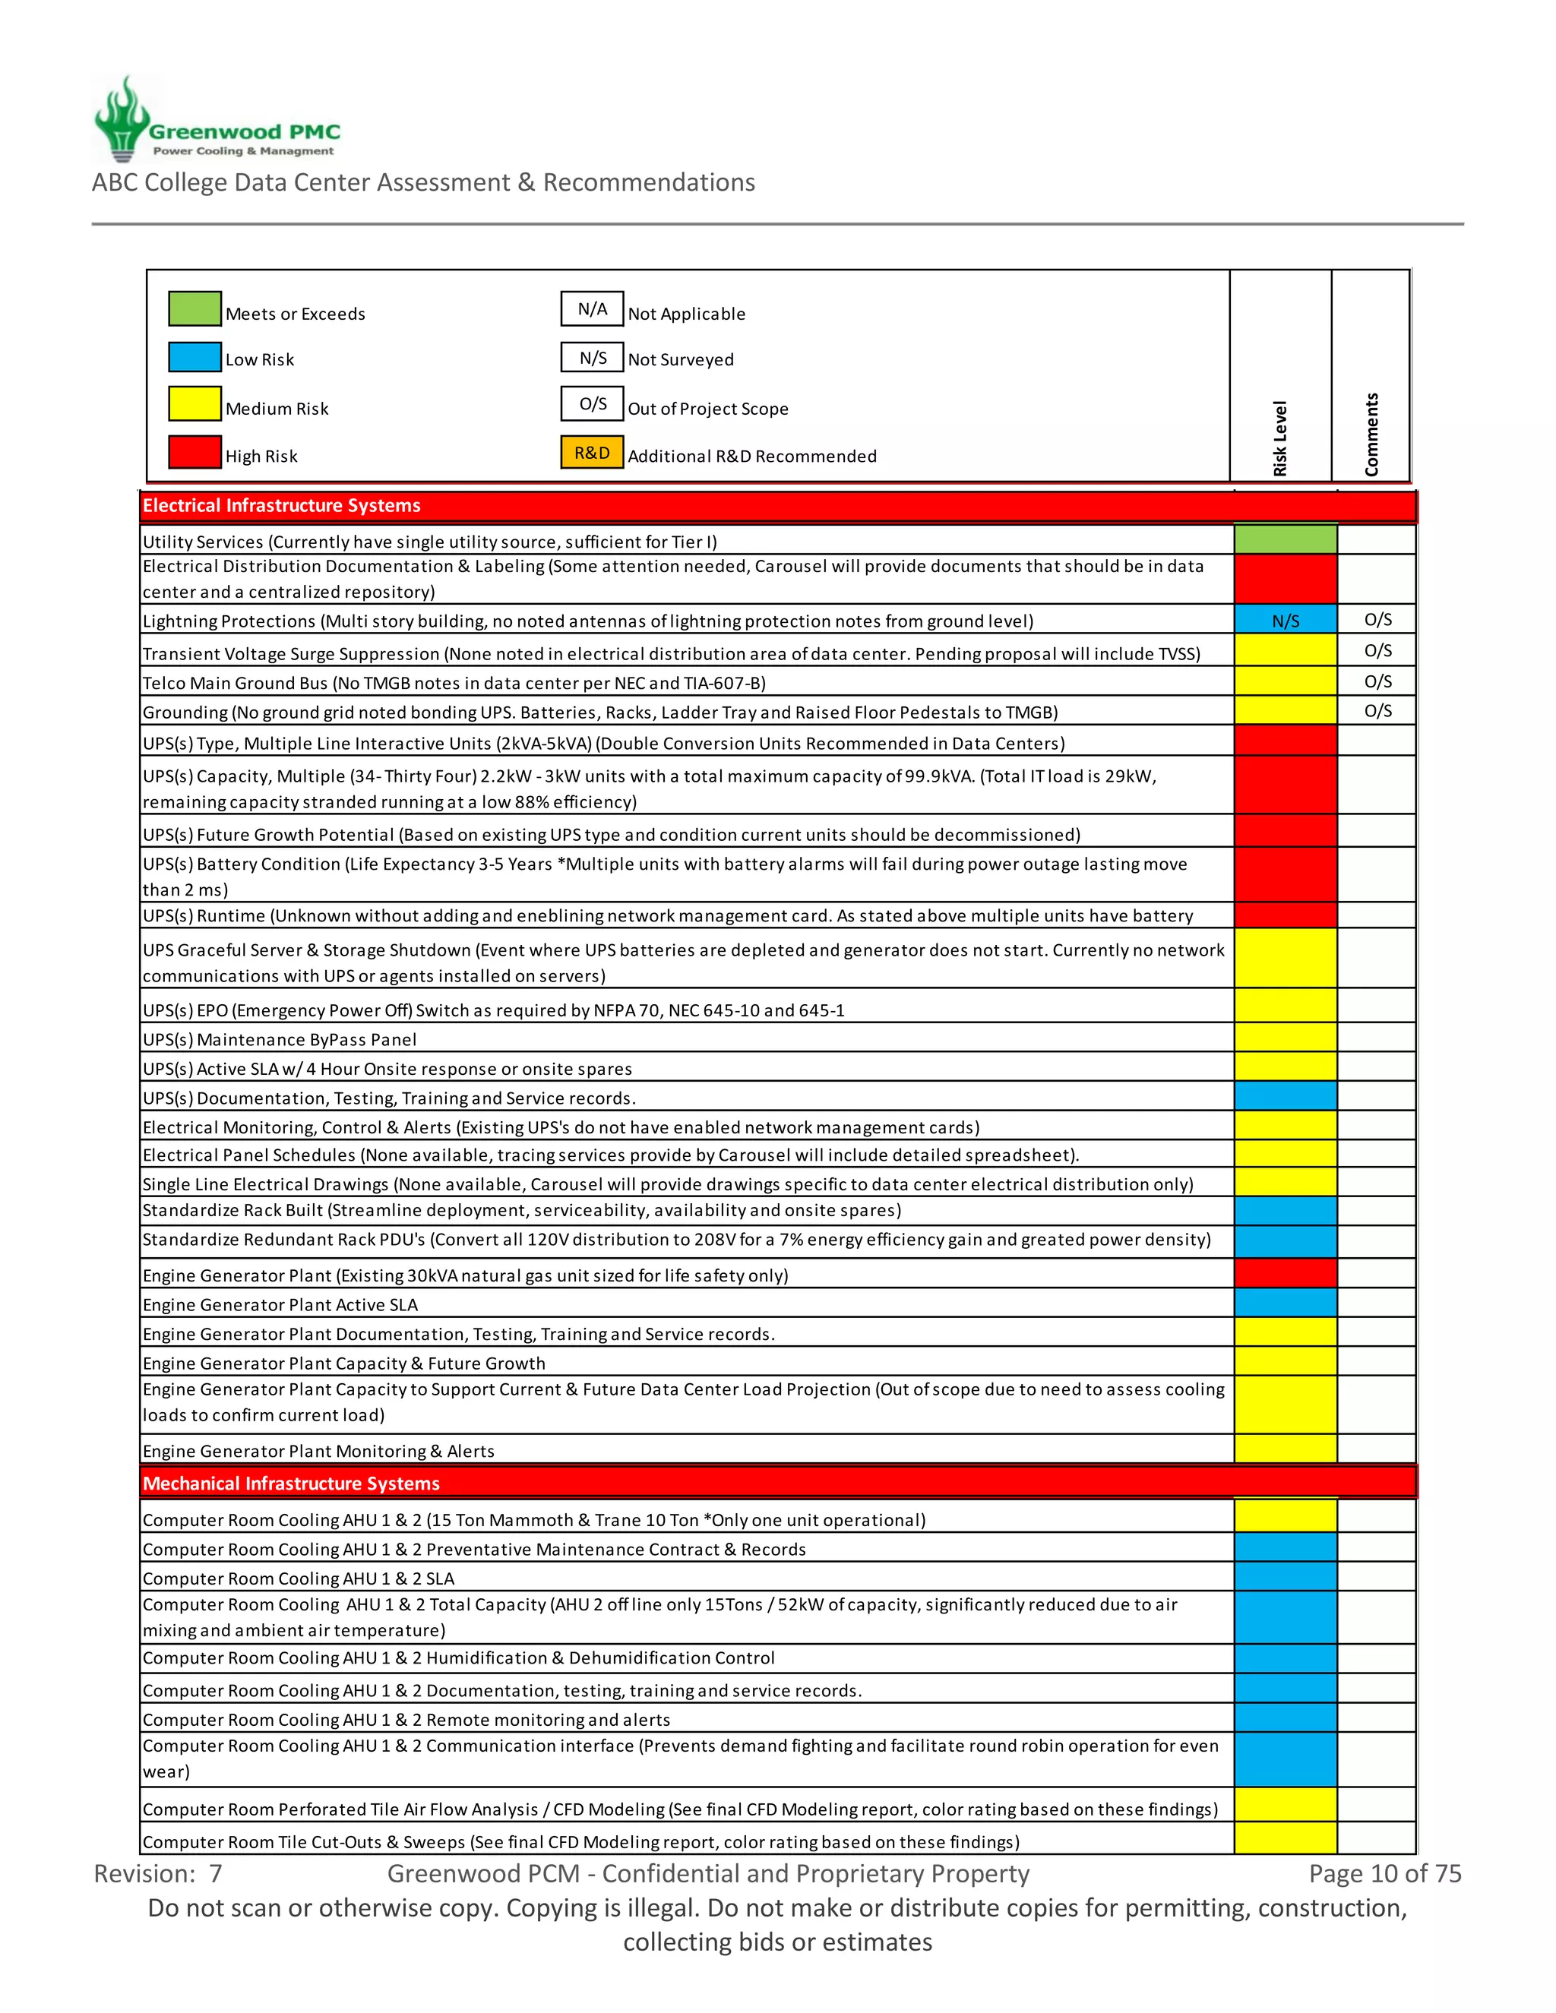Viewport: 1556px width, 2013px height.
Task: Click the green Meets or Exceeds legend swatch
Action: [x=194, y=308]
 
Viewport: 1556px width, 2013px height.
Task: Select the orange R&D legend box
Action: [x=592, y=453]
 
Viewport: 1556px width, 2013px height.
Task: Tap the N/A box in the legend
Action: [x=592, y=308]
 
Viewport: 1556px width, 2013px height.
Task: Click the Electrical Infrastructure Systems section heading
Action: [x=281, y=506]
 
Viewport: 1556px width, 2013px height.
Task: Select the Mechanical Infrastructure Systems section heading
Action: [x=291, y=1483]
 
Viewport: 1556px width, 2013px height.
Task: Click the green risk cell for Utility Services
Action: [x=1285, y=539]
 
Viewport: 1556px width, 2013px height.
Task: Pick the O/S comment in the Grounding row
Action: [x=1377, y=711]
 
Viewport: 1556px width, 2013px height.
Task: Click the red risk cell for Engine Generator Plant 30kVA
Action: [x=1285, y=1274]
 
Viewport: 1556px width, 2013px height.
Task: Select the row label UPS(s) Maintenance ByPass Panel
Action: [x=280, y=1040]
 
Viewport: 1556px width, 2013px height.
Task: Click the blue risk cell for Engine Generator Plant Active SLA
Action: [x=1285, y=1304]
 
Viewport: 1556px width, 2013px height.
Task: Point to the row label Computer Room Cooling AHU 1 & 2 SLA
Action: [x=299, y=1579]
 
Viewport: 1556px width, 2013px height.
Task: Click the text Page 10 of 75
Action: [x=1384, y=1874]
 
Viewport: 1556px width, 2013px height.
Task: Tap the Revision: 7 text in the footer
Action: [x=157, y=1874]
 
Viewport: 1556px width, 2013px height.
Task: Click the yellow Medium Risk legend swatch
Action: [x=194, y=403]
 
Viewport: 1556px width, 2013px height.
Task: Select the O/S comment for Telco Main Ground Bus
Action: [x=1377, y=681]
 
